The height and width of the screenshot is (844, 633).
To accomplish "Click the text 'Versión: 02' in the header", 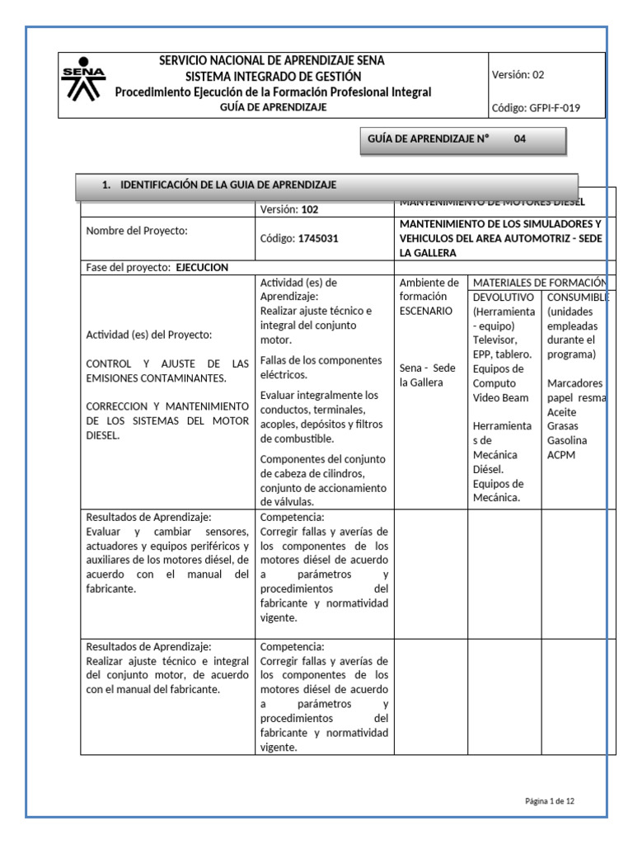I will (x=518, y=74).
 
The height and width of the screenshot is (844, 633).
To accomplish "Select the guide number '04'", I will (x=519, y=139).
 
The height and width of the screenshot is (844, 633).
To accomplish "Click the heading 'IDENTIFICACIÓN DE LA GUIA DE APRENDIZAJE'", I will (x=228, y=185).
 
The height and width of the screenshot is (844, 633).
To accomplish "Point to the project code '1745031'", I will (x=318, y=238).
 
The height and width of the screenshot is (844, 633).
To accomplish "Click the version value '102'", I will (x=309, y=209).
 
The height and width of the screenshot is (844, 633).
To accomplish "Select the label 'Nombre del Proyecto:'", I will (x=137, y=231).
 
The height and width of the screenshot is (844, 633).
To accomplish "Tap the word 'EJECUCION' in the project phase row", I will (x=202, y=267).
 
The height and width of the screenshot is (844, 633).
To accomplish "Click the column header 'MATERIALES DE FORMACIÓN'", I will (x=540, y=283).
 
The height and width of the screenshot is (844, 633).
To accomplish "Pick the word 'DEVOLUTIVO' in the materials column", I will (x=504, y=297).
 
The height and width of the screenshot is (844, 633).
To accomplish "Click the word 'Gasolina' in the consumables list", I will (x=566, y=441).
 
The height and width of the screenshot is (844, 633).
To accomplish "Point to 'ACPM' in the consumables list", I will (x=561, y=455).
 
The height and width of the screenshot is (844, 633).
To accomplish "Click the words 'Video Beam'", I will (x=501, y=397).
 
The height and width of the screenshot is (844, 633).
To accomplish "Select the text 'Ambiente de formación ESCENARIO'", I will (x=429, y=297).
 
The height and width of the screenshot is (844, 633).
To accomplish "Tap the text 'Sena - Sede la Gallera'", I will (x=427, y=375).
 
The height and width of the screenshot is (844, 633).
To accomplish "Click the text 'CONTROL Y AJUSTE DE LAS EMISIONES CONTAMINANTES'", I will (x=167, y=371).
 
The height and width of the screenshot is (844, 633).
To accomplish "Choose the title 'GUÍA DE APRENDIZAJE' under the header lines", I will (x=272, y=107).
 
